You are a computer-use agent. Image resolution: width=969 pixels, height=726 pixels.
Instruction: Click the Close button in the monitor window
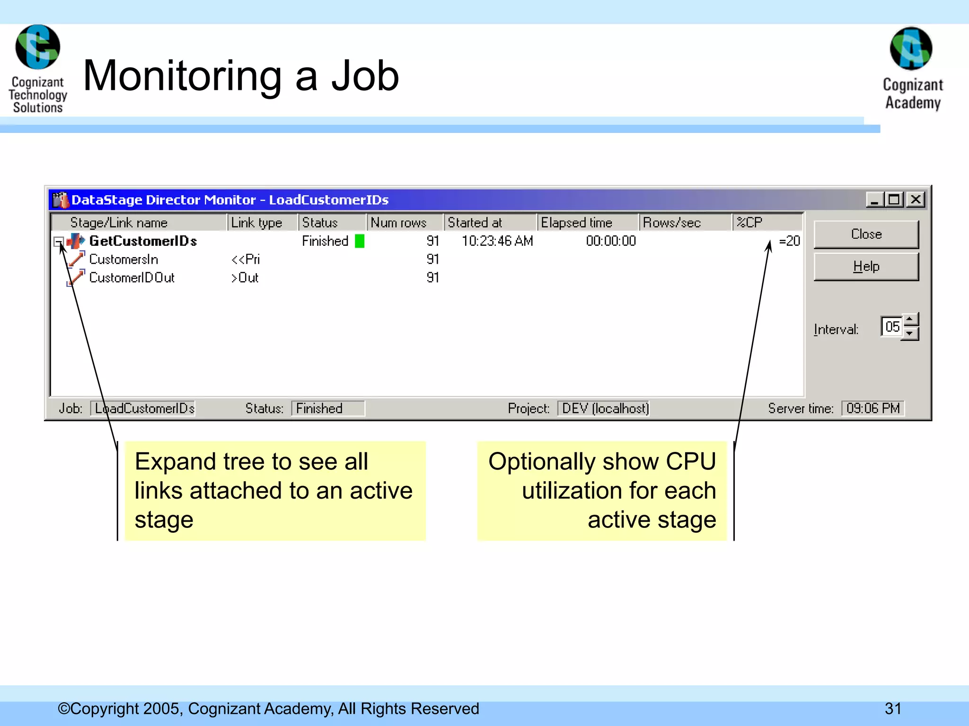[866, 234]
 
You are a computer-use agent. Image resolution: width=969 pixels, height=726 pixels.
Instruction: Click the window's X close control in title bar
[916, 199]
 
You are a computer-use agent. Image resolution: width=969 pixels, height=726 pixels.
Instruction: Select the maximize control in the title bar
[895, 199]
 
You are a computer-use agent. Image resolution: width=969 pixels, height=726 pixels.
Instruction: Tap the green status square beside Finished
[360, 241]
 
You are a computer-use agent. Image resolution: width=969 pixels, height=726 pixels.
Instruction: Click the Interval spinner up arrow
[910, 320]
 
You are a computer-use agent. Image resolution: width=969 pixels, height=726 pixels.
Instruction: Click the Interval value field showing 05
[892, 327]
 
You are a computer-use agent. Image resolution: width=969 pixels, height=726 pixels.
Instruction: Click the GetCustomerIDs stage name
[143, 241]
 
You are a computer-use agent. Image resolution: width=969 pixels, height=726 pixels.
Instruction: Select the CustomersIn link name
[123, 259]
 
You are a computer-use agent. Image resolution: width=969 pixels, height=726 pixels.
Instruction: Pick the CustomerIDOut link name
[132, 278]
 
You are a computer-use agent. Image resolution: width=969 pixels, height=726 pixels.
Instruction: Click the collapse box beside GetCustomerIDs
[58, 242]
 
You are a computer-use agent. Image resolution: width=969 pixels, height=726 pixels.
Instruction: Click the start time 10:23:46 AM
[497, 241]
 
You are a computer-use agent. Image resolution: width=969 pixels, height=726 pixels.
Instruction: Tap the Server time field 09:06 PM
[872, 408]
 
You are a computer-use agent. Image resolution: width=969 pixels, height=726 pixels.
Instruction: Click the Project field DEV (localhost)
[605, 408]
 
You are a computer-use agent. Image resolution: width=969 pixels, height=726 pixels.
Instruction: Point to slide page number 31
[893, 709]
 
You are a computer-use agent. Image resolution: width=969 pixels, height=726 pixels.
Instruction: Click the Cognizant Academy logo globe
[911, 49]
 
